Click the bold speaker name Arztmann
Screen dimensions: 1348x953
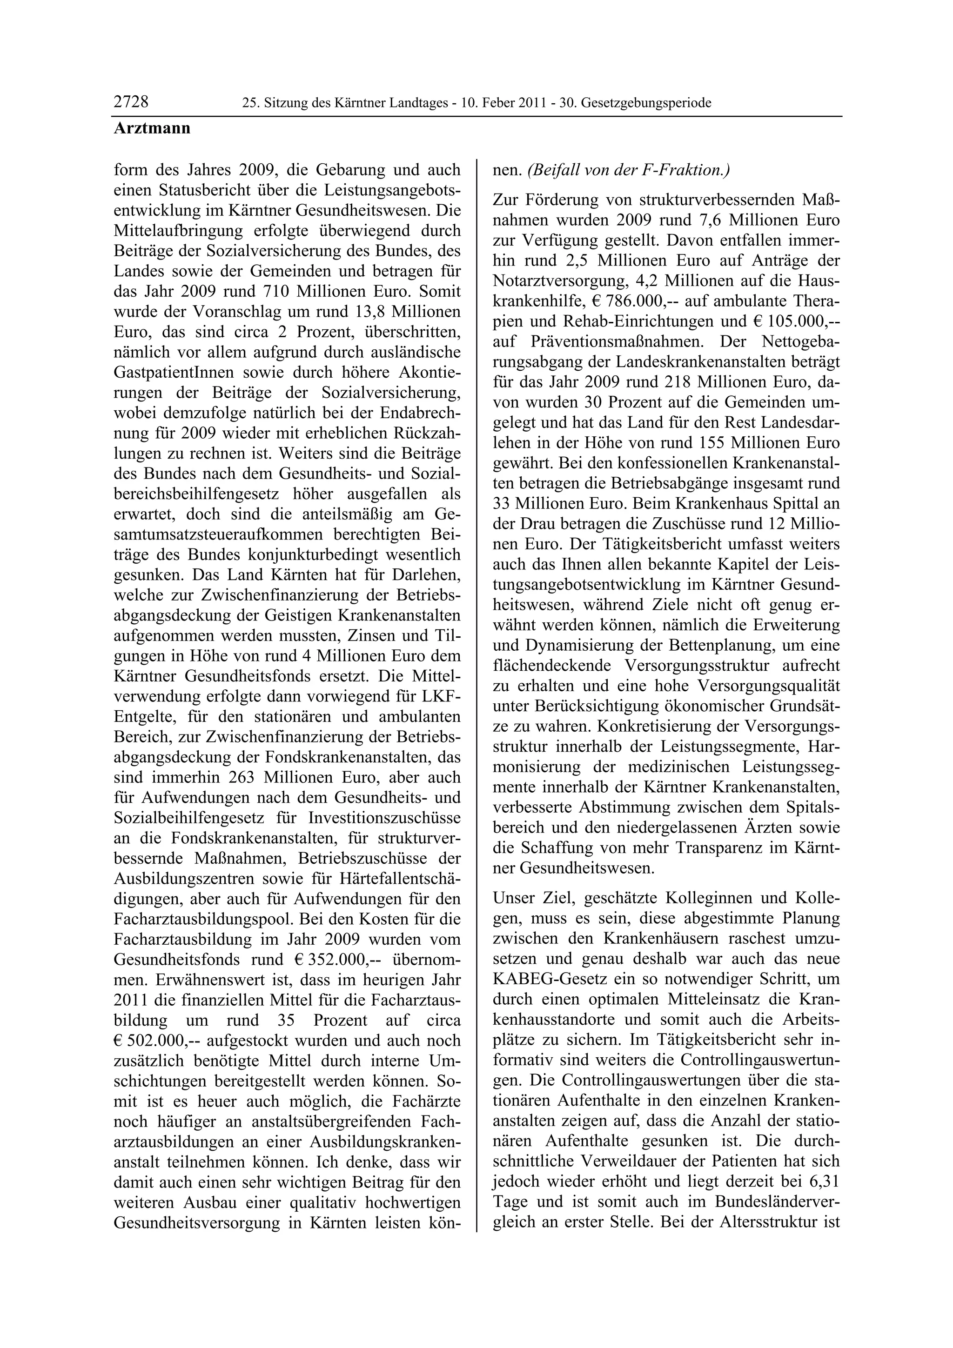coord(152,128)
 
